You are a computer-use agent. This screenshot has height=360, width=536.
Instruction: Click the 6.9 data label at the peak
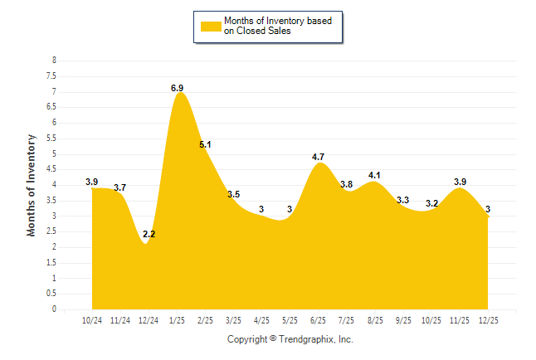tap(177, 87)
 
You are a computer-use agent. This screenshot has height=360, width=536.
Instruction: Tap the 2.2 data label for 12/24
tap(149, 235)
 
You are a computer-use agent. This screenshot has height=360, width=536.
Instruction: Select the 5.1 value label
tap(205, 144)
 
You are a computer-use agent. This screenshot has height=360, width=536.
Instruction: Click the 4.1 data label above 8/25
tap(374, 175)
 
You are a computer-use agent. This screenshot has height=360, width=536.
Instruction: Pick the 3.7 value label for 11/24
tap(120, 188)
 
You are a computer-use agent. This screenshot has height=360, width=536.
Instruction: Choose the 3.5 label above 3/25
tap(233, 194)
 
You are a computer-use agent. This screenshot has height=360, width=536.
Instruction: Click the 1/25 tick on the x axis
tap(177, 320)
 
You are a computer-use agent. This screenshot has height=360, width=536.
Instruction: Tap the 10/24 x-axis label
tap(92, 320)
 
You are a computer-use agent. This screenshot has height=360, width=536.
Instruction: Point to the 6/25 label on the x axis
tap(318, 320)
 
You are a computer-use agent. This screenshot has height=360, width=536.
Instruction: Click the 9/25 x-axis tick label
tap(403, 320)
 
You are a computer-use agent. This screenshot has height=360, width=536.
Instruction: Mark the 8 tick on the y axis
tap(54, 61)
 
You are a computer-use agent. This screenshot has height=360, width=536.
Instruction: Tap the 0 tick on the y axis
tap(54, 309)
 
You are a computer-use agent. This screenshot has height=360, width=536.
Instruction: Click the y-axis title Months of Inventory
tap(32, 185)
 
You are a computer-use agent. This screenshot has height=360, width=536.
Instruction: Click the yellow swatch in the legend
tap(211, 26)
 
